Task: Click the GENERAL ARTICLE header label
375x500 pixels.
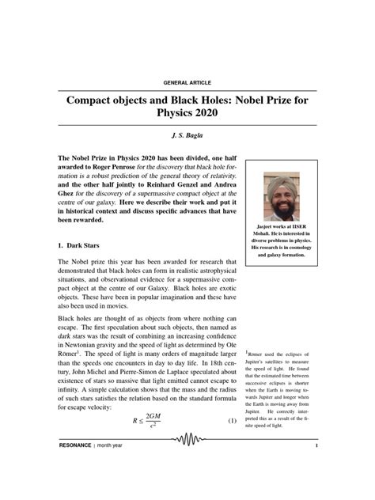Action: [187, 82]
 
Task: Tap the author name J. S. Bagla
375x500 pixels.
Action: [187, 137]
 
